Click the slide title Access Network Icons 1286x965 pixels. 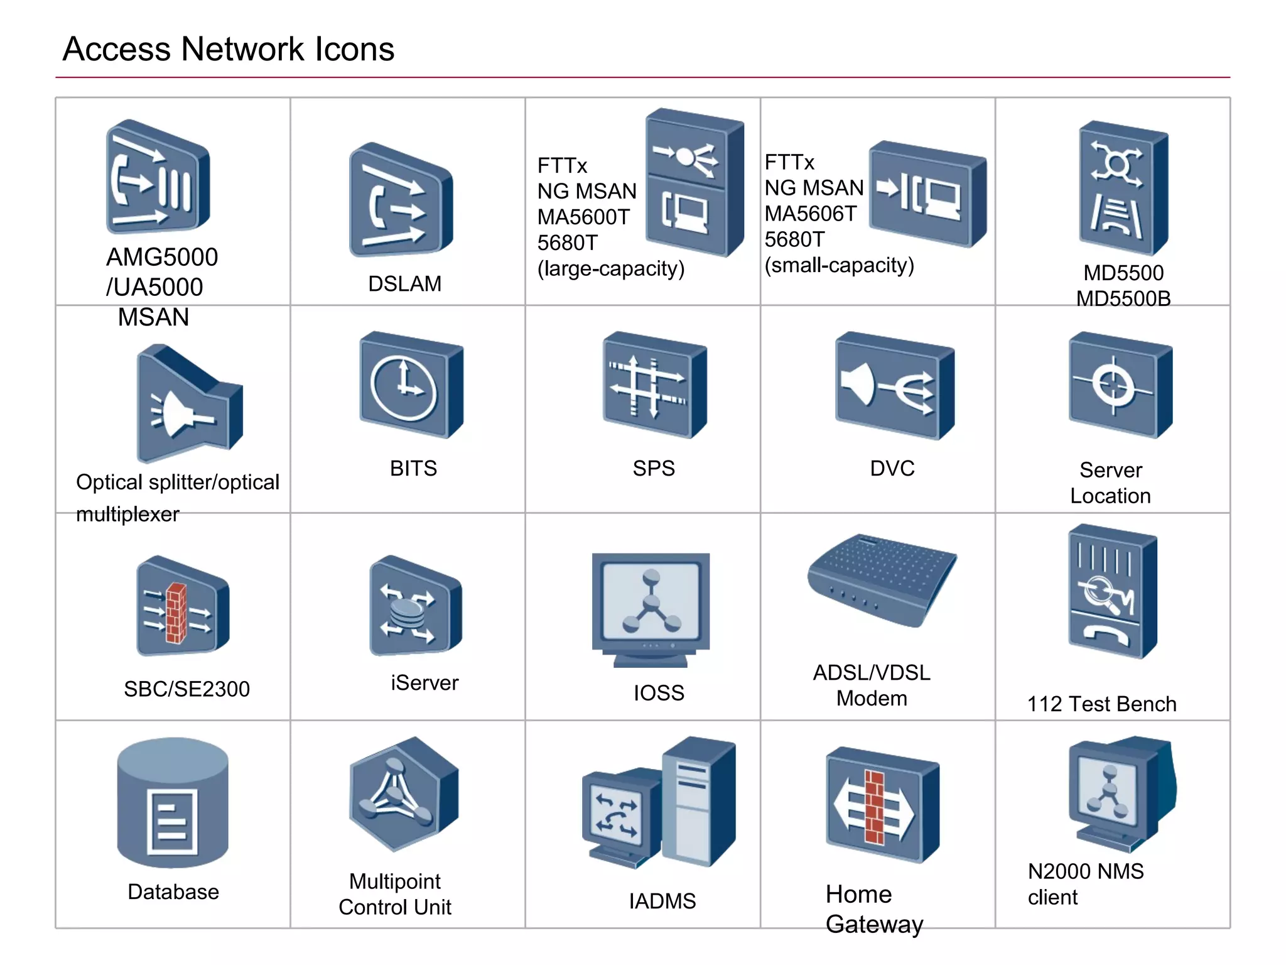tap(229, 49)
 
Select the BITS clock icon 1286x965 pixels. tap(411, 385)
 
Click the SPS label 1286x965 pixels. tap(653, 469)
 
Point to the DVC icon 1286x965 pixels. tap(894, 385)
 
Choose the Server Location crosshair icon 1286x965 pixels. tap(1120, 385)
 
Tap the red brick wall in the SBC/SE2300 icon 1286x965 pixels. tap(176, 613)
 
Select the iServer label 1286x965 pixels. tap(424, 683)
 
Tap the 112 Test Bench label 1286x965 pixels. tap(1101, 704)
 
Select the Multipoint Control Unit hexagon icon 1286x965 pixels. tap(403, 794)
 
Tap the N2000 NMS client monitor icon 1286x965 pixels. tap(1120, 793)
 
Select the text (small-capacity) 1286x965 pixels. tap(839, 266)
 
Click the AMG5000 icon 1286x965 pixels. tap(157, 178)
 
